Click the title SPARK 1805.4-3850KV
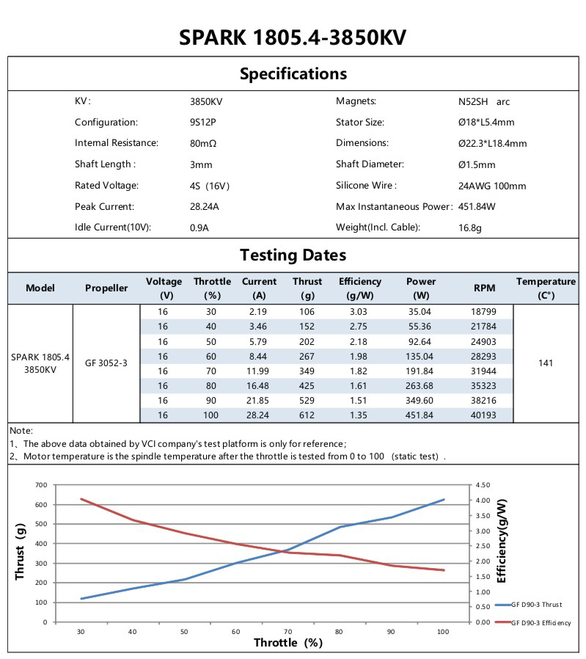click(x=293, y=37)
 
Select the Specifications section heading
click(x=293, y=73)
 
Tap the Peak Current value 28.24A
click(x=204, y=207)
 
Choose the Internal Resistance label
click(x=116, y=143)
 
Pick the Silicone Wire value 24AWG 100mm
click(x=491, y=186)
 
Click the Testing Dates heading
click(x=293, y=255)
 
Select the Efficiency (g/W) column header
click(x=359, y=288)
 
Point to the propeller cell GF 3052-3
click(x=106, y=363)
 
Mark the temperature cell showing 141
click(x=546, y=363)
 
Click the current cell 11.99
click(x=259, y=371)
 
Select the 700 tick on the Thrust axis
click(x=40, y=485)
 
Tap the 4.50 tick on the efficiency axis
click(x=483, y=485)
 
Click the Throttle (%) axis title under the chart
click(x=288, y=643)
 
